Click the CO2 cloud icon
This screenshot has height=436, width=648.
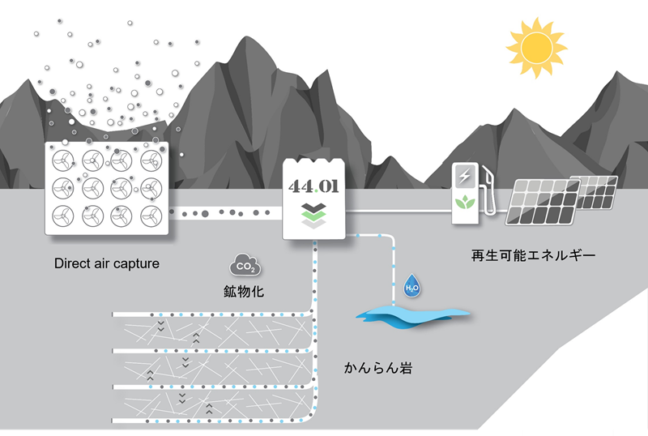click(244, 263)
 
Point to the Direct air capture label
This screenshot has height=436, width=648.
click(106, 263)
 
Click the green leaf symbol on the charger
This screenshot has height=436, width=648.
click(465, 203)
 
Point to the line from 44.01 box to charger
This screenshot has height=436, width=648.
click(397, 213)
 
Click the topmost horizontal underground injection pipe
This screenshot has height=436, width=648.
click(211, 314)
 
